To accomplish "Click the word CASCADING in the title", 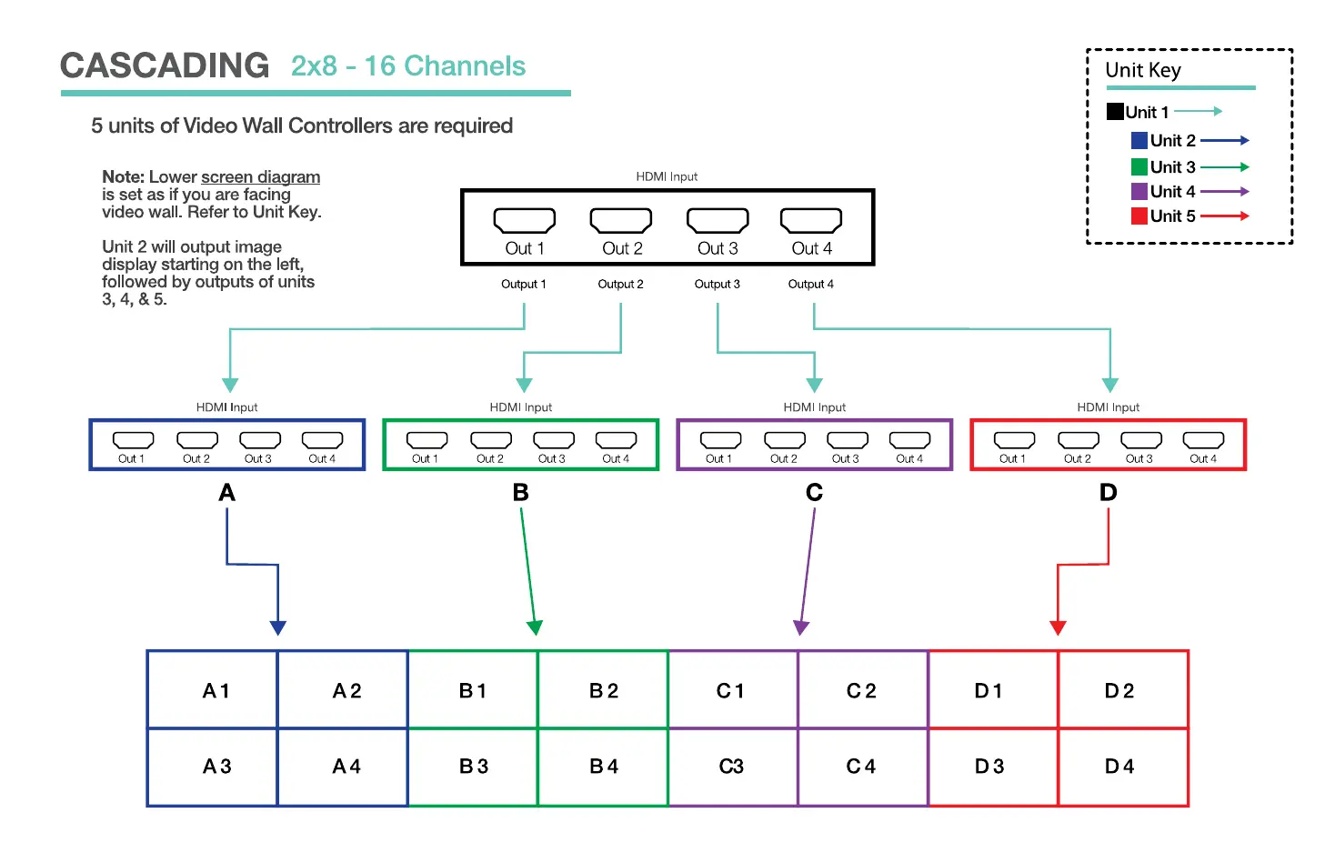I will click(165, 65).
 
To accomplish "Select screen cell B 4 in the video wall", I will click(603, 767).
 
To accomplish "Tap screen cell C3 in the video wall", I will click(732, 767).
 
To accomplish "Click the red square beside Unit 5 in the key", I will click(1139, 216).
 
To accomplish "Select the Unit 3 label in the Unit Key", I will click(1172, 167).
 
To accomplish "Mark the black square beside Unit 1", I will click(1115, 112).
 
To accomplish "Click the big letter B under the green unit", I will click(520, 492).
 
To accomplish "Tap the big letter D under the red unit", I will click(1108, 492).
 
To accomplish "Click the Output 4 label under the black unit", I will click(810, 285).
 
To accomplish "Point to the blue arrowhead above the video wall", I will click(278, 627).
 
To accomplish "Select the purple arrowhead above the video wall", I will click(801, 627).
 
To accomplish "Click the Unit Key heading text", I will click(1142, 71).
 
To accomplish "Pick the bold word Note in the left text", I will click(123, 177).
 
